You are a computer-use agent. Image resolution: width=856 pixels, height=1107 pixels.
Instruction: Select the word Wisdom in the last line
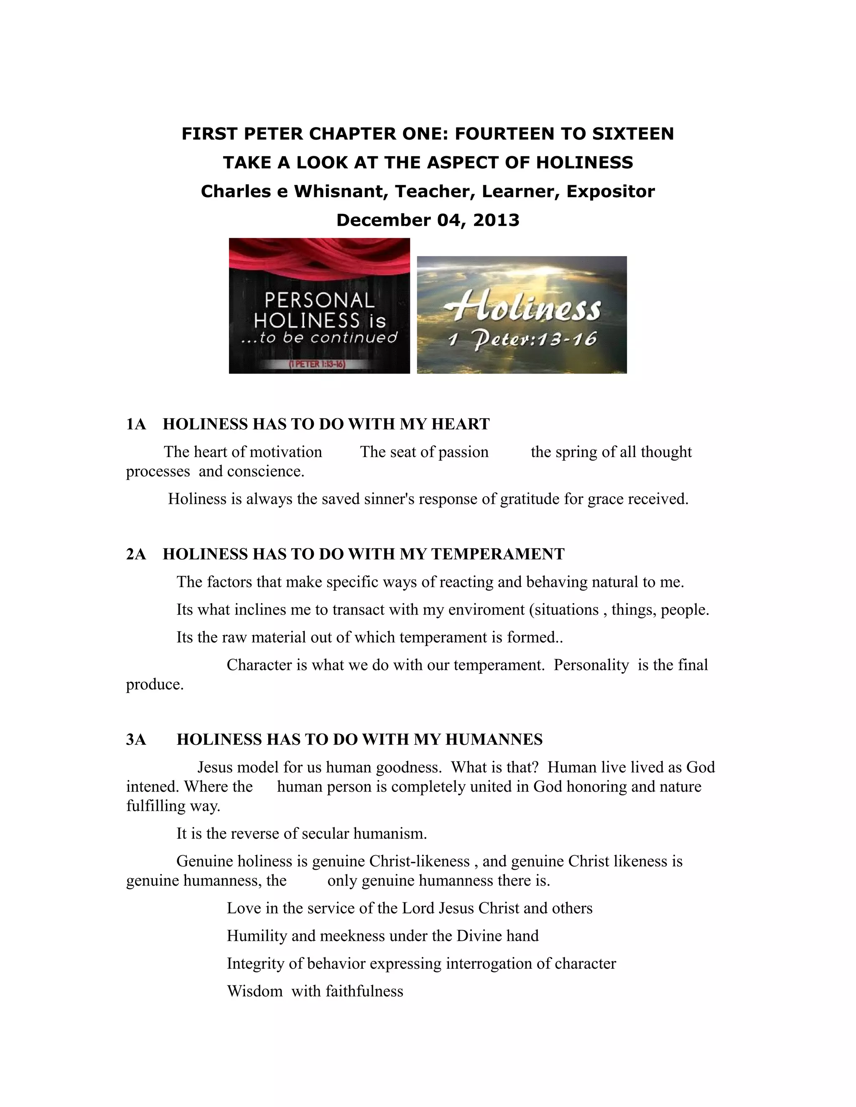(255, 991)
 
